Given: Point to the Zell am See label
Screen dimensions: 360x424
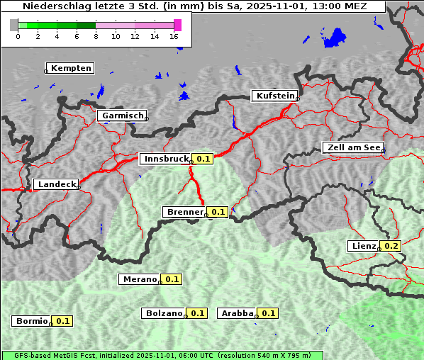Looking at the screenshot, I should pyautogui.click(x=353, y=147).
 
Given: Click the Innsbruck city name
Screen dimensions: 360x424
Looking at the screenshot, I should pyautogui.click(x=166, y=159).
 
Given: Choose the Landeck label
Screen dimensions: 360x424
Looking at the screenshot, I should pyautogui.click(x=57, y=184).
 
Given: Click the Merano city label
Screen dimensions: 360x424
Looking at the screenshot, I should pyautogui.click(x=139, y=279).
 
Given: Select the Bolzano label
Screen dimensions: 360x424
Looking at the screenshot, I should pyautogui.click(x=164, y=313).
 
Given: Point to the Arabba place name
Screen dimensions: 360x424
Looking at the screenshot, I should pyautogui.click(x=237, y=313).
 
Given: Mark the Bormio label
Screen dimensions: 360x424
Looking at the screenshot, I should pyautogui.click(x=31, y=321).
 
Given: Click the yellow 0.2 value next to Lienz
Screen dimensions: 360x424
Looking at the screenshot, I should pyautogui.click(x=391, y=246).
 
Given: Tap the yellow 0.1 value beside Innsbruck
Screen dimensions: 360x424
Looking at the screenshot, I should pyautogui.click(x=203, y=159).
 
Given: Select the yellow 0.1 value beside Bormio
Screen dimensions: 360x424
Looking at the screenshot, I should pyautogui.click(x=63, y=321).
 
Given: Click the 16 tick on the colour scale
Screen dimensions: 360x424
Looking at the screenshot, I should pyautogui.click(x=174, y=36).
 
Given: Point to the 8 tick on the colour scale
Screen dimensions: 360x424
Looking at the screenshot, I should pyautogui.click(x=96, y=36).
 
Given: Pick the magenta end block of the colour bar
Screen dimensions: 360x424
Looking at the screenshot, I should pyautogui.click(x=177, y=25).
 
